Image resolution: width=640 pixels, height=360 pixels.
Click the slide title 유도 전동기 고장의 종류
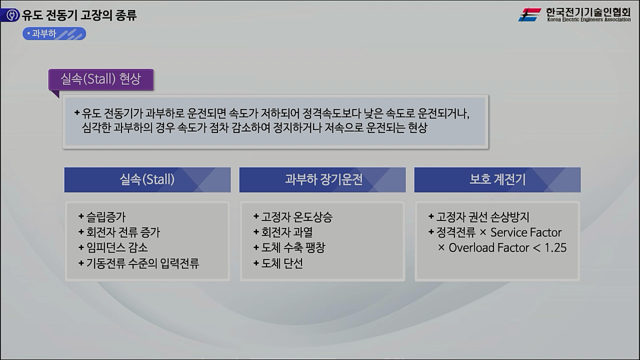click(x=79, y=15)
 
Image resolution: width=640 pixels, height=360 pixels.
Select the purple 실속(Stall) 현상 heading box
click(x=101, y=79)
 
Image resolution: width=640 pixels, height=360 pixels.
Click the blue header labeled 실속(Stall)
click(x=147, y=180)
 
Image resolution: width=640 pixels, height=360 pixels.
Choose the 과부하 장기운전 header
click(x=322, y=180)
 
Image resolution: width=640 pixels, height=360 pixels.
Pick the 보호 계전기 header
click(x=497, y=180)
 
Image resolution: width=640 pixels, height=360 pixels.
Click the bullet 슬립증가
click(x=105, y=217)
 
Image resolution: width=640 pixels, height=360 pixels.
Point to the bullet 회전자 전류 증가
click(x=123, y=232)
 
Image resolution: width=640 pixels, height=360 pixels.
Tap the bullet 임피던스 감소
click(x=116, y=247)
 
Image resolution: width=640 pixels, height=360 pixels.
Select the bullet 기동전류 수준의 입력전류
click(x=142, y=263)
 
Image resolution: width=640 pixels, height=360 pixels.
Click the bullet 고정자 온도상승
click(x=296, y=217)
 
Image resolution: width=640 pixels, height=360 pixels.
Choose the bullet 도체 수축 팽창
click(x=293, y=247)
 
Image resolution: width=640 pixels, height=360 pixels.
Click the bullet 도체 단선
click(x=281, y=263)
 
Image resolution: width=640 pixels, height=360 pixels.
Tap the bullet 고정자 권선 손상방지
click(x=482, y=217)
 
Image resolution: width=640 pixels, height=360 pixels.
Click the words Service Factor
click(x=526, y=232)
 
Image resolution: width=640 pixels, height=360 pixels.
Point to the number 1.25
click(x=555, y=248)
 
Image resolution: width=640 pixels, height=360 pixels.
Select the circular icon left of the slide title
click(x=10, y=15)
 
